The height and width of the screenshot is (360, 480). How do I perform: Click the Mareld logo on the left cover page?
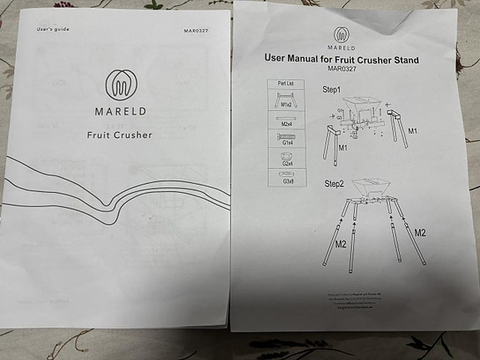point(120,84)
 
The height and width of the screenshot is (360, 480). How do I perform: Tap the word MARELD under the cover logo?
point(119,109)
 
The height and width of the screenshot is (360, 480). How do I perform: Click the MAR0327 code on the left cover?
point(196,30)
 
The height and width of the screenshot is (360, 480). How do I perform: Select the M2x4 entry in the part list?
point(286,124)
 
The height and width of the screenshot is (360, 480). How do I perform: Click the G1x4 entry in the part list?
point(286,142)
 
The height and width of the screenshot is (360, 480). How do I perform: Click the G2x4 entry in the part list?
point(286,165)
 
